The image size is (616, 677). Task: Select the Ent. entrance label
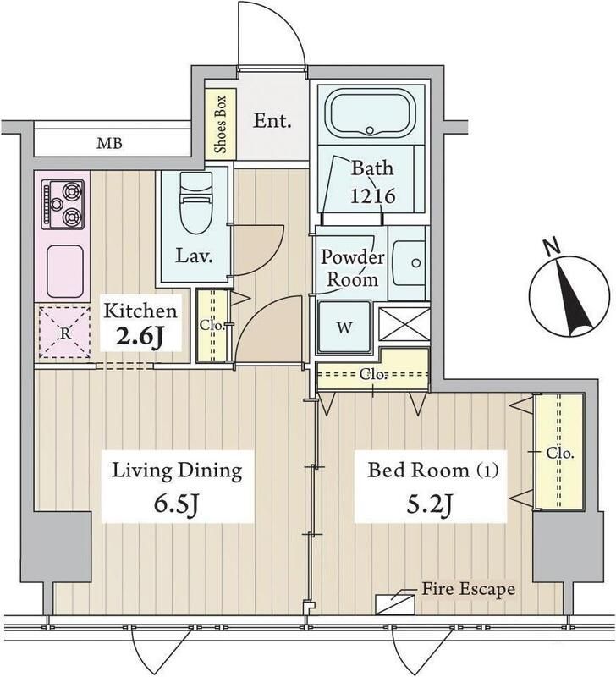tap(272, 120)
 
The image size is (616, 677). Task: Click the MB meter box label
tap(108, 142)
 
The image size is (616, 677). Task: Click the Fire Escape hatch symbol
tap(393, 602)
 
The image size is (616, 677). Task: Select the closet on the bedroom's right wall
tap(557, 453)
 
